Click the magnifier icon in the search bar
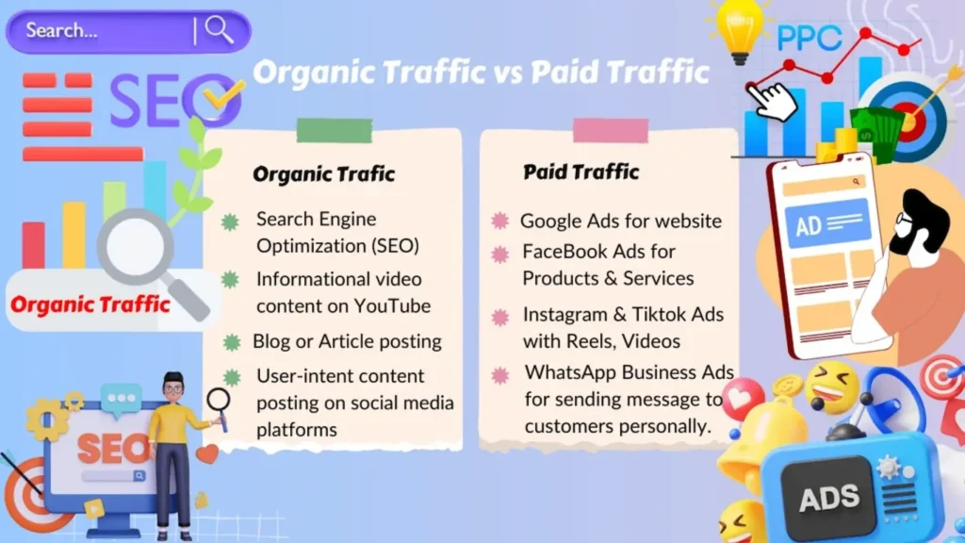pyautogui.click(x=220, y=30)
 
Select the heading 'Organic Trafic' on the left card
pyautogui.click(x=323, y=174)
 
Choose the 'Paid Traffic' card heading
pyautogui.click(x=581, y=172)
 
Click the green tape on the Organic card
pyautogui.click(x=334, y=130)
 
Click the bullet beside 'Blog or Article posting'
pyautogui.click(x=232, y=342)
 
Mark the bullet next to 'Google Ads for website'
pyautogui.click(x=499, y=222)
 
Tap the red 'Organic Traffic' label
pyautogui.click(x=90, y=304)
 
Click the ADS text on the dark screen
pyautogui.click(x=828, y=498)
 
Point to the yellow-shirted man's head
pyautogui.click(x=173, y=387)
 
